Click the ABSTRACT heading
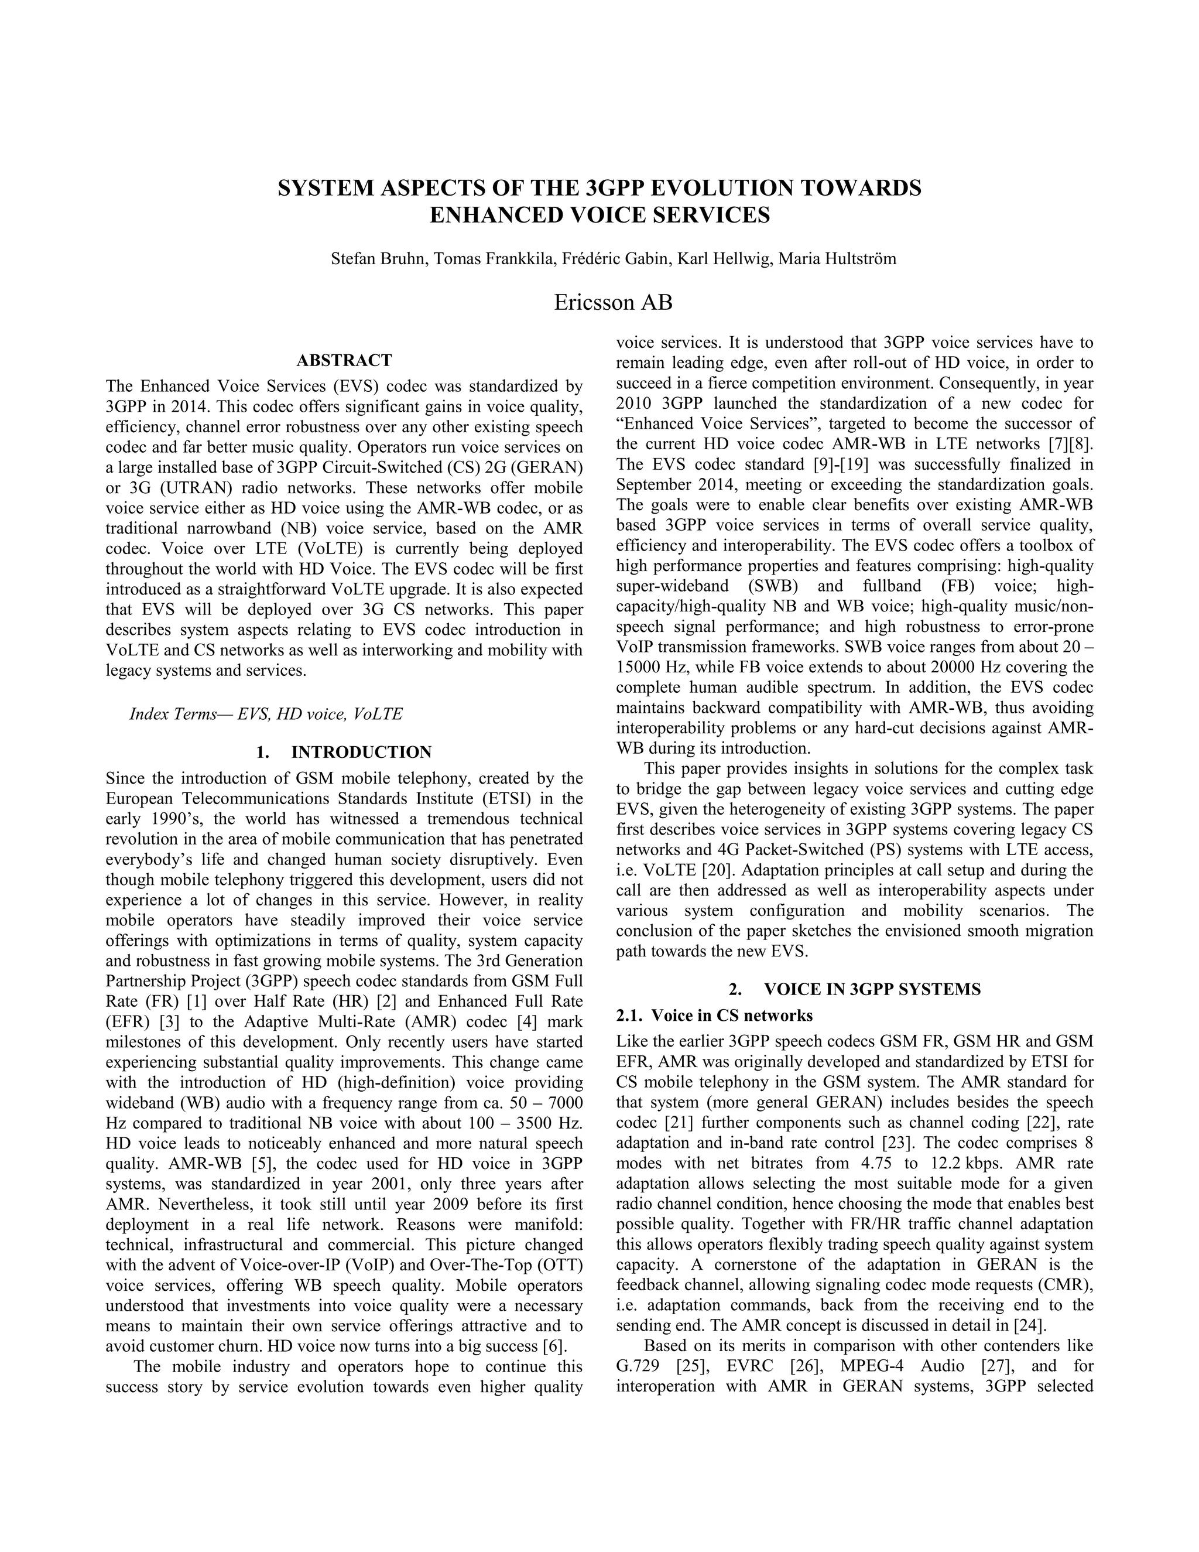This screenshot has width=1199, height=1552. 344,360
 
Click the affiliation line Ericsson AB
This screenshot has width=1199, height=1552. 612,303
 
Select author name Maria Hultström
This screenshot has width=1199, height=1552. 837,259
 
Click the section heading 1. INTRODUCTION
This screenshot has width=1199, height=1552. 344,752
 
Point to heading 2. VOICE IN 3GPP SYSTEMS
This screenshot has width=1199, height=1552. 855,989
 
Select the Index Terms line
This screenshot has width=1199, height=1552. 266,713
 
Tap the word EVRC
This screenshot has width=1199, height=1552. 756,1366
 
